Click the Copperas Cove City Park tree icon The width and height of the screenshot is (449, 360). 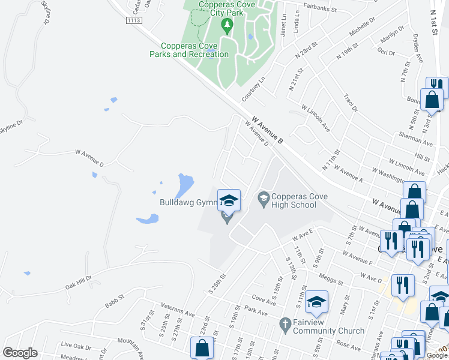tap(226, 25)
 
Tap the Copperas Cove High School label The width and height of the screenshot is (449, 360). tap(293, 200)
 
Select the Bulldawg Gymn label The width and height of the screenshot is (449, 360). tap(187, 202)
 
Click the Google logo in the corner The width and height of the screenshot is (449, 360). tap(20, 353)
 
